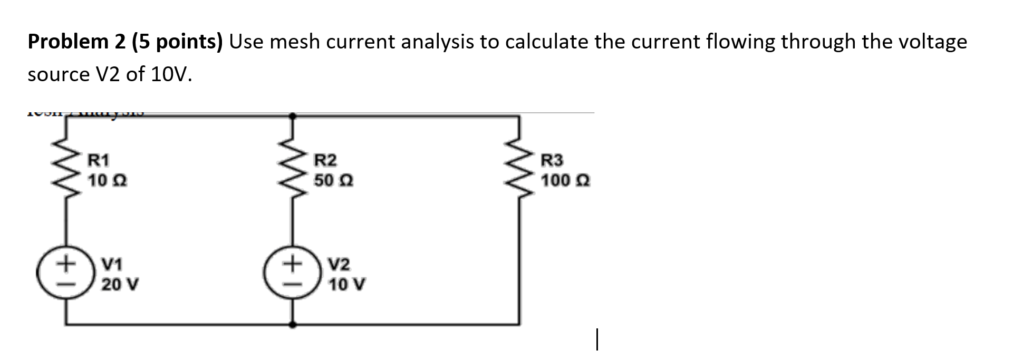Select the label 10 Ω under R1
click(107, 181)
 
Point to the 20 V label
click(120, 285)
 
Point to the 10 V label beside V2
click(347, 285)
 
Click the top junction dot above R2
click(293, 114)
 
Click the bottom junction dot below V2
click(293, 325)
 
